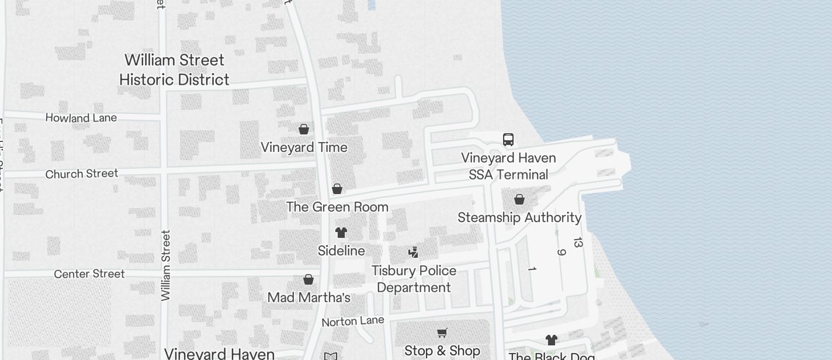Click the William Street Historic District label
point(174,70)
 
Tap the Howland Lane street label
point(81,118)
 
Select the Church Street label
point(82,174)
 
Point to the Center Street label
point(89,274)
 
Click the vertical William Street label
point(166,266)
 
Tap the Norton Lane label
point(353,321)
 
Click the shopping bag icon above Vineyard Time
point(304,129)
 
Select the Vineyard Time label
point(304,147)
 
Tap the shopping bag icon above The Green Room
point(337,189)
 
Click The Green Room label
point(337,207)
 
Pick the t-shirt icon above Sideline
point(341,233)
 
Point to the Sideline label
point(341,251)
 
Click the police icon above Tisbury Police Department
point(414,252)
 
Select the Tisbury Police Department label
point(414,279)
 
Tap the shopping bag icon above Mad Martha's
point(308,280)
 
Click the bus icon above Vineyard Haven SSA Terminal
point(508,140)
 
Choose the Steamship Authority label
point(519,217)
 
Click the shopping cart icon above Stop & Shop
point(442,333)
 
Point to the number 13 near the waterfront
point(578,242)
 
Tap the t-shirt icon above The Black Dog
point(552,340)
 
